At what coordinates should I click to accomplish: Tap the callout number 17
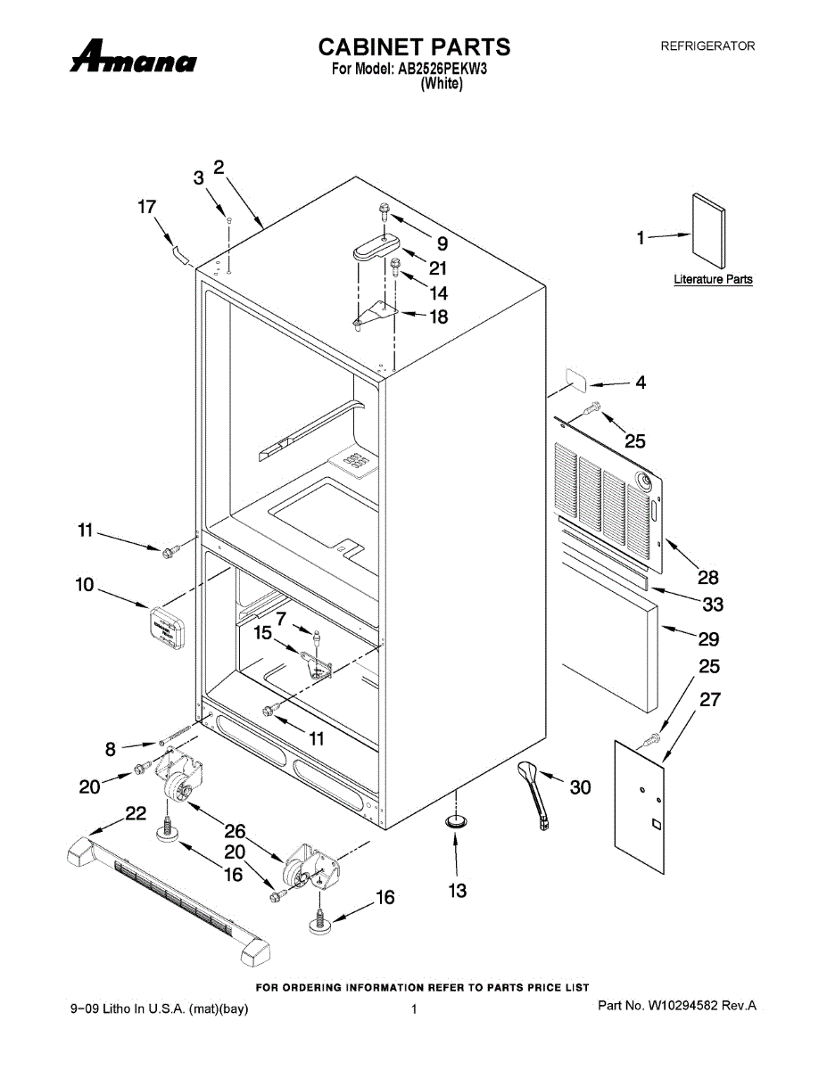[146, 207]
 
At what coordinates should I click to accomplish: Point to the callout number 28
[708, 578]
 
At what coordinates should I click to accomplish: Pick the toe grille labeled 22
[170, 901]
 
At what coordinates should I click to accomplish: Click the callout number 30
[580, 787]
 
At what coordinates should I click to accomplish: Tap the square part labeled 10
[166, 627]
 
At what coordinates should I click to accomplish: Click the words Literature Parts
[713, 279]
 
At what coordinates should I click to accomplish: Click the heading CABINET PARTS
[414, 46]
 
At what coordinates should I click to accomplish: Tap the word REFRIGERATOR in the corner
[707, 45]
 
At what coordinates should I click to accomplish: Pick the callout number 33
[713, 605]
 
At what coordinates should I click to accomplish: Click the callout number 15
[262, 633]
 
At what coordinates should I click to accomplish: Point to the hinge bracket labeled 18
[378, 313]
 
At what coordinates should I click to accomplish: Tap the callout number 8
[111, 750]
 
